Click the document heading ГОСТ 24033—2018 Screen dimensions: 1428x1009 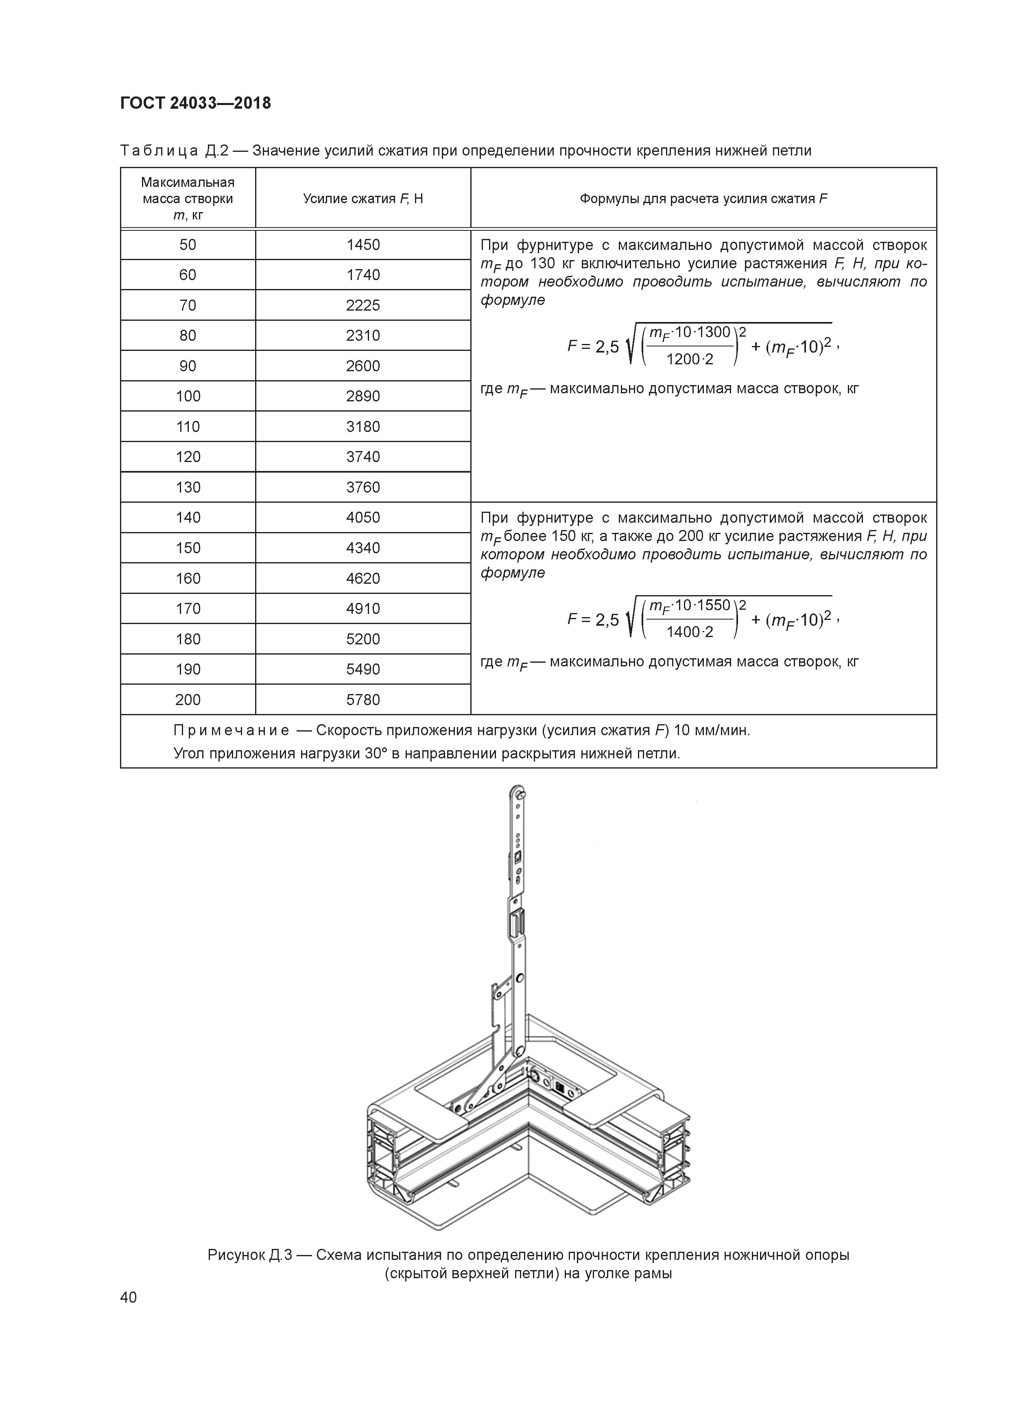click(x=196, y=103)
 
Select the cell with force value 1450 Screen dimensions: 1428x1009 click(x=363, y=244)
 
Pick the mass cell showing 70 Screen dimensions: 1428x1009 click(x=188, y=305)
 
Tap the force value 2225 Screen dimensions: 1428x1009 click(x=363, y=305)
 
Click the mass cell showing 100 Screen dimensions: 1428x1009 click(x=188, y=396)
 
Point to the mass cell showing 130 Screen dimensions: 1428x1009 click(x=188, y=487)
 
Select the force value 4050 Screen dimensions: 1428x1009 click(x=363, y=517)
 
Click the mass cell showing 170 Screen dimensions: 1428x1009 click(x=188, y=608)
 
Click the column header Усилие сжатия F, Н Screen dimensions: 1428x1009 click(x=363, y=199)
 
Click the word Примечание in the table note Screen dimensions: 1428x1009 click(x=231, y=730)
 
